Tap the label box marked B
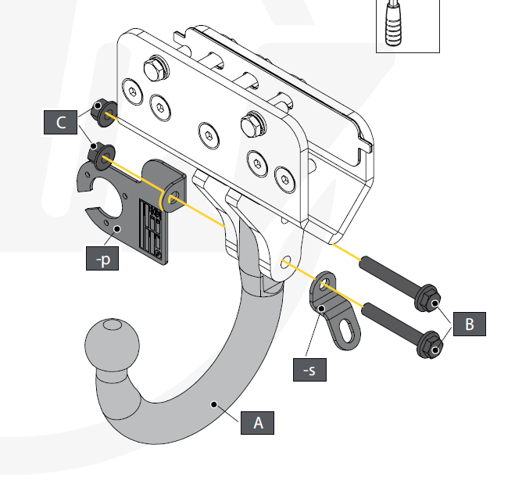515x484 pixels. tap(469, 323)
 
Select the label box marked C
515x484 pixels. tap(59, 123)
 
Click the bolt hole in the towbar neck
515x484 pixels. tap(286, 261)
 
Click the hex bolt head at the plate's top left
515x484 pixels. tap(156, 70)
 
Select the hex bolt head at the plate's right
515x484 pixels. tap(253, 124)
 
